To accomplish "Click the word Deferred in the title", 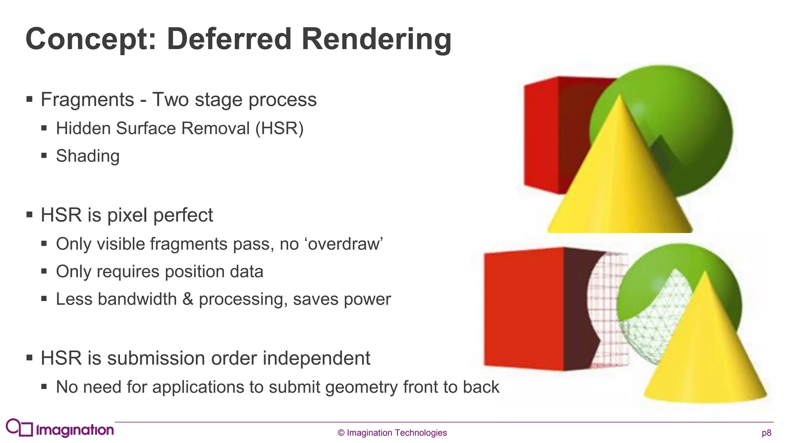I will coord(229,39).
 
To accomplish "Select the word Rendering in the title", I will coord(376,39).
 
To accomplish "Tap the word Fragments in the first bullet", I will coord(87,100).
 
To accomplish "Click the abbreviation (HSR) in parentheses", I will coord(280,128).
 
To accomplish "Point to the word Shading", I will coord(88,156).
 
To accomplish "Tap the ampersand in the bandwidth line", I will coord(187,299).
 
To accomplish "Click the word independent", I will coord(316,358).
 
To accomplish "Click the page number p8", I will coord(766,433).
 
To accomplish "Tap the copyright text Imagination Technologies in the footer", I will coord(392,433).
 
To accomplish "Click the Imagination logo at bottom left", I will coord(60,428).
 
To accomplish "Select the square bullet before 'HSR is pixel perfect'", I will coord(30,215).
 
